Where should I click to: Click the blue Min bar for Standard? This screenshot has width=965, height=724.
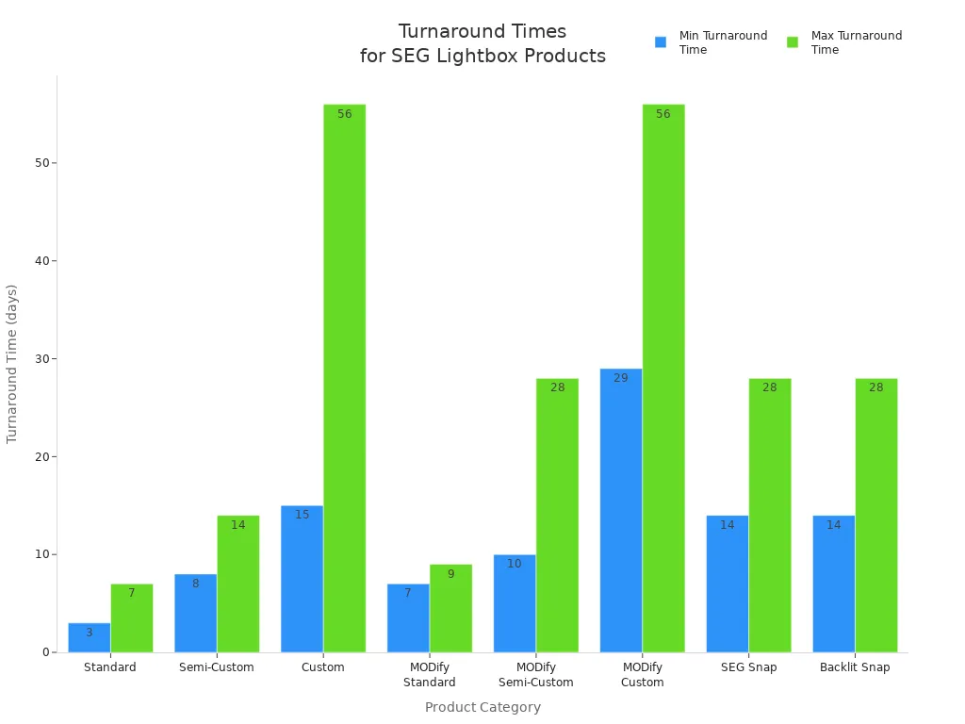[x=90, y=637]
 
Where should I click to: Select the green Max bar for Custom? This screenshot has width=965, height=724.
[x=344, y=377]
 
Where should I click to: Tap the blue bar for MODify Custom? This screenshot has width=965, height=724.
[x=621, y=510]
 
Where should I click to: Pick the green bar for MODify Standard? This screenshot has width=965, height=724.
[x=450, y=608]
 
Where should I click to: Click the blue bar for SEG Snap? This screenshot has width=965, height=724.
[x=728, y=584]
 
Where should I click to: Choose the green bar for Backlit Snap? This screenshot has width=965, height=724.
[x=876, y=515]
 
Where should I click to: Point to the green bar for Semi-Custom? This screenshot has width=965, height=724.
[x=237, y=584]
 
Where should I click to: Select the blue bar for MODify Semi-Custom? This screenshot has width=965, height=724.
[x=515, y=603]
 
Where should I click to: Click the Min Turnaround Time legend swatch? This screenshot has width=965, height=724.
[x=661, y=42]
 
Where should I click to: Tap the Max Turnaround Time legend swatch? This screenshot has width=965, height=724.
[x=793, y=42]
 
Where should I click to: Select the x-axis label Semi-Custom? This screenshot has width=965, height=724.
[x=217, y=667]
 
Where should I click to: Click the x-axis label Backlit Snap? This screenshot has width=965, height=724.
[x=855, y=667]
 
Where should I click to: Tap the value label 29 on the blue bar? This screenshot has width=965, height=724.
[x=621, y=378]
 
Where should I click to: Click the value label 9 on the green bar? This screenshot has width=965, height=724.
[x=450, y=574]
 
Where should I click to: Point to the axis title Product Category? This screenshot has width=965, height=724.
[x=482, y=707]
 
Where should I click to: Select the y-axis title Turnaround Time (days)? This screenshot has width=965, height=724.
[x=12, y=363]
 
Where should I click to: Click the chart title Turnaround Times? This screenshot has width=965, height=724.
[x=482, y=32]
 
